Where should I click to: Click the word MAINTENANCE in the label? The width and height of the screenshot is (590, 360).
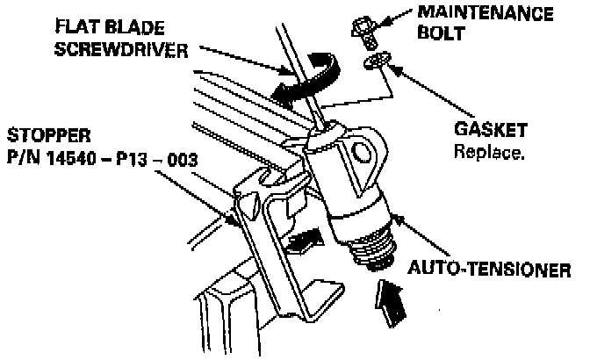point(497,15)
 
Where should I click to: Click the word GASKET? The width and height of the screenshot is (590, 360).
point(491,130)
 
